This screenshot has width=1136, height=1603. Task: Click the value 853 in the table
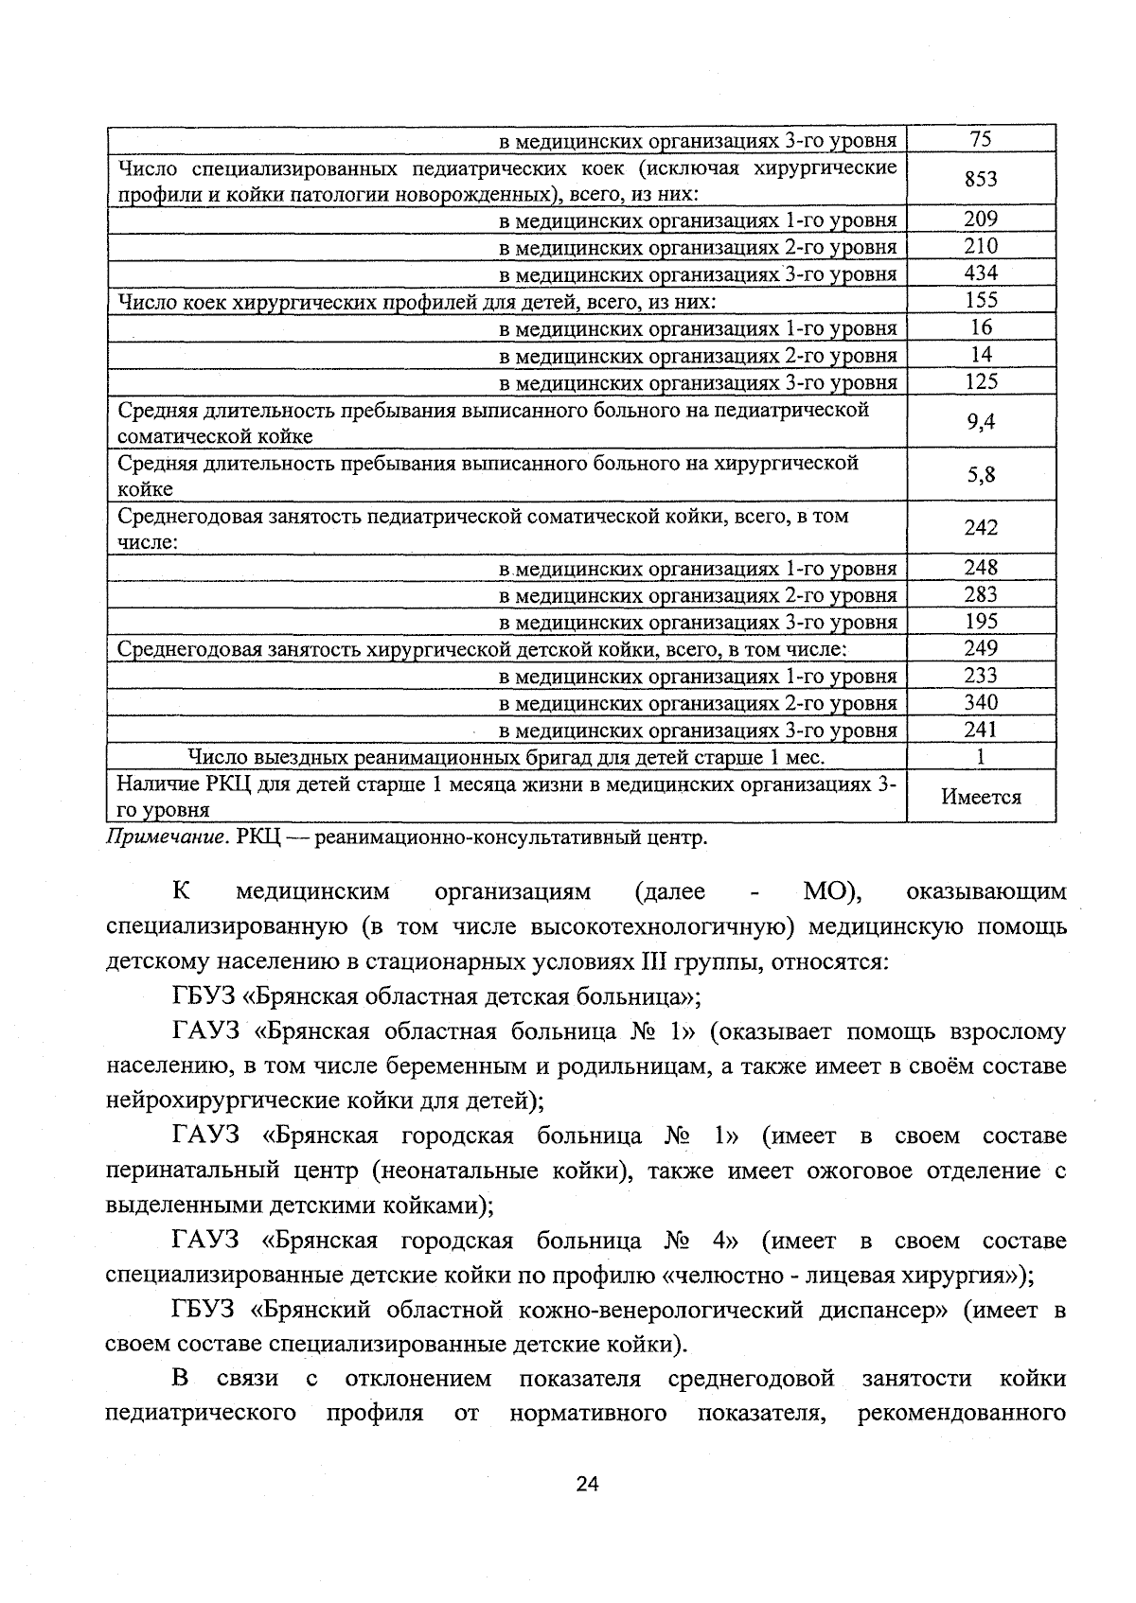coord(981,179)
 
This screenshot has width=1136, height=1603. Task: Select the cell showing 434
coord(981,273)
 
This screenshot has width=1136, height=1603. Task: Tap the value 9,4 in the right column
coord(981,422)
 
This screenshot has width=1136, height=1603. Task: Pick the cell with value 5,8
coord(981,475)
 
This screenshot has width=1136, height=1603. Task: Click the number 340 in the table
coord(981,702)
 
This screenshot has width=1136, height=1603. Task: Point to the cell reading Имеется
coord(981,797)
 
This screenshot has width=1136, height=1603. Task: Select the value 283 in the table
coord(981,594)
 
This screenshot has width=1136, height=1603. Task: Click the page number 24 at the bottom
coord(587,1484)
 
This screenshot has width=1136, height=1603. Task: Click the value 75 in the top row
coord(981,139)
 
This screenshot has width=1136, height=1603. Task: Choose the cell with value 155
coord(981,301)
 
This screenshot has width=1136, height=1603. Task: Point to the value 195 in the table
coord(981,621)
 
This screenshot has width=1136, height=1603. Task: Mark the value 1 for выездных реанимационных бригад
coord(981,757)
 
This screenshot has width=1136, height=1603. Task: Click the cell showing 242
coord(981,528)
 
